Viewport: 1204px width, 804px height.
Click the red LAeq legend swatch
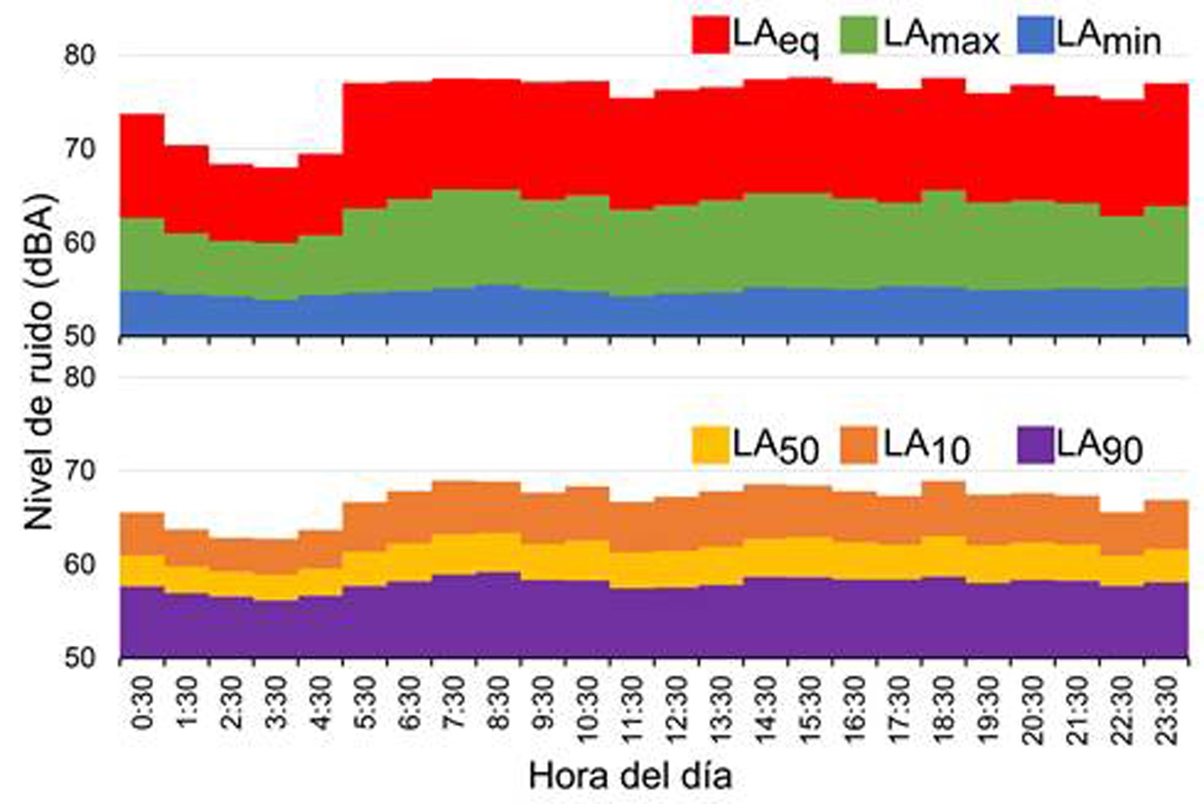point(710,36)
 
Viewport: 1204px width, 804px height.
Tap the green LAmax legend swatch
point(859,36)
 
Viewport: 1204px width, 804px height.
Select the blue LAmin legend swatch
point(1035,36)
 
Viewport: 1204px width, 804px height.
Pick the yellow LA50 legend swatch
point(710,445)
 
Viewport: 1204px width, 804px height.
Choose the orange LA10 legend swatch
point(859,445)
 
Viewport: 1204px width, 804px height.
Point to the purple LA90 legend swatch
point(1035,445)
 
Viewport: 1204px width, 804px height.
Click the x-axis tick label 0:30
point(143,709)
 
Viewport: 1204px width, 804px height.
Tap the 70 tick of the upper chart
point(79,148)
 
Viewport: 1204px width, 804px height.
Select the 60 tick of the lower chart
point(79,563)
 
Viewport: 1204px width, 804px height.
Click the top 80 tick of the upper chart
point(79,55)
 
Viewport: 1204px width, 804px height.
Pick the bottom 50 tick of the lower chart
point(79,657)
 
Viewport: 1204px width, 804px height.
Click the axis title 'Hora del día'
point(631,776)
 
